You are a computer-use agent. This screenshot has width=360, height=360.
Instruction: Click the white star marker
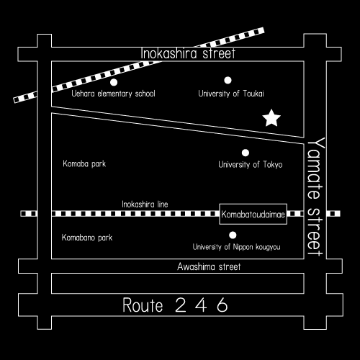[x=271, y=118]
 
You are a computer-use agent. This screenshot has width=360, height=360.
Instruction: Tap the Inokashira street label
[x=188, y=53]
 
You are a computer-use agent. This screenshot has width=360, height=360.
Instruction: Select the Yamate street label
[x=315, y=197]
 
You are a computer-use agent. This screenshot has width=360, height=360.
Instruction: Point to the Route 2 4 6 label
[x=175, y=305]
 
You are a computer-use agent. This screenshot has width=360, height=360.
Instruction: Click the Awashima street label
[x=209, y=266]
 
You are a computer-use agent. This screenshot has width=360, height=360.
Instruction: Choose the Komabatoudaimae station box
[x=253, y=214]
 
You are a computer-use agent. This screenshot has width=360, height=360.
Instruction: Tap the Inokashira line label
[x=145, y=204]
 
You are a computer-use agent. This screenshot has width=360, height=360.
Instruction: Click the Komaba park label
[x=84, y=164]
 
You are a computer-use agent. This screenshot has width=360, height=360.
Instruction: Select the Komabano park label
[x=87, y=238]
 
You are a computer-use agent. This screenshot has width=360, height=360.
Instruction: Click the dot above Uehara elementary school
[x=114, y=82]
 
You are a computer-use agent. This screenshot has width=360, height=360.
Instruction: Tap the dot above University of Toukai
[x=228, y=80]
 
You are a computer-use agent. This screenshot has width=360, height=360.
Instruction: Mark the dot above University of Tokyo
[x=246, y=153]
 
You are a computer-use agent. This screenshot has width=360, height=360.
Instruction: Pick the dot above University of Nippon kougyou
[x=233, y=235]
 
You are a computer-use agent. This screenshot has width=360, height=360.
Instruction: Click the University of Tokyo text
[x=251, y=165]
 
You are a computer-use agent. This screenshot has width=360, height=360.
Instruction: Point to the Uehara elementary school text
[x=113, y=94]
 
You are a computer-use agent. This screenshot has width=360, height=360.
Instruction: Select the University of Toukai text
[x=231, y=94]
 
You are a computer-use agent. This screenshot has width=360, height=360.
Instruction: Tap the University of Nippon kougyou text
[x=236, y=247]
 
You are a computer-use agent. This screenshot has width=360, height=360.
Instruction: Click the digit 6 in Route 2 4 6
[x=222, y=305]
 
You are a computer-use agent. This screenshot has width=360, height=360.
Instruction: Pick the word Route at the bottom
[x=143, y=305]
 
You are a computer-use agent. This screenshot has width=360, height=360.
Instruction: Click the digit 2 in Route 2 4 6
[x=181, y=305]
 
